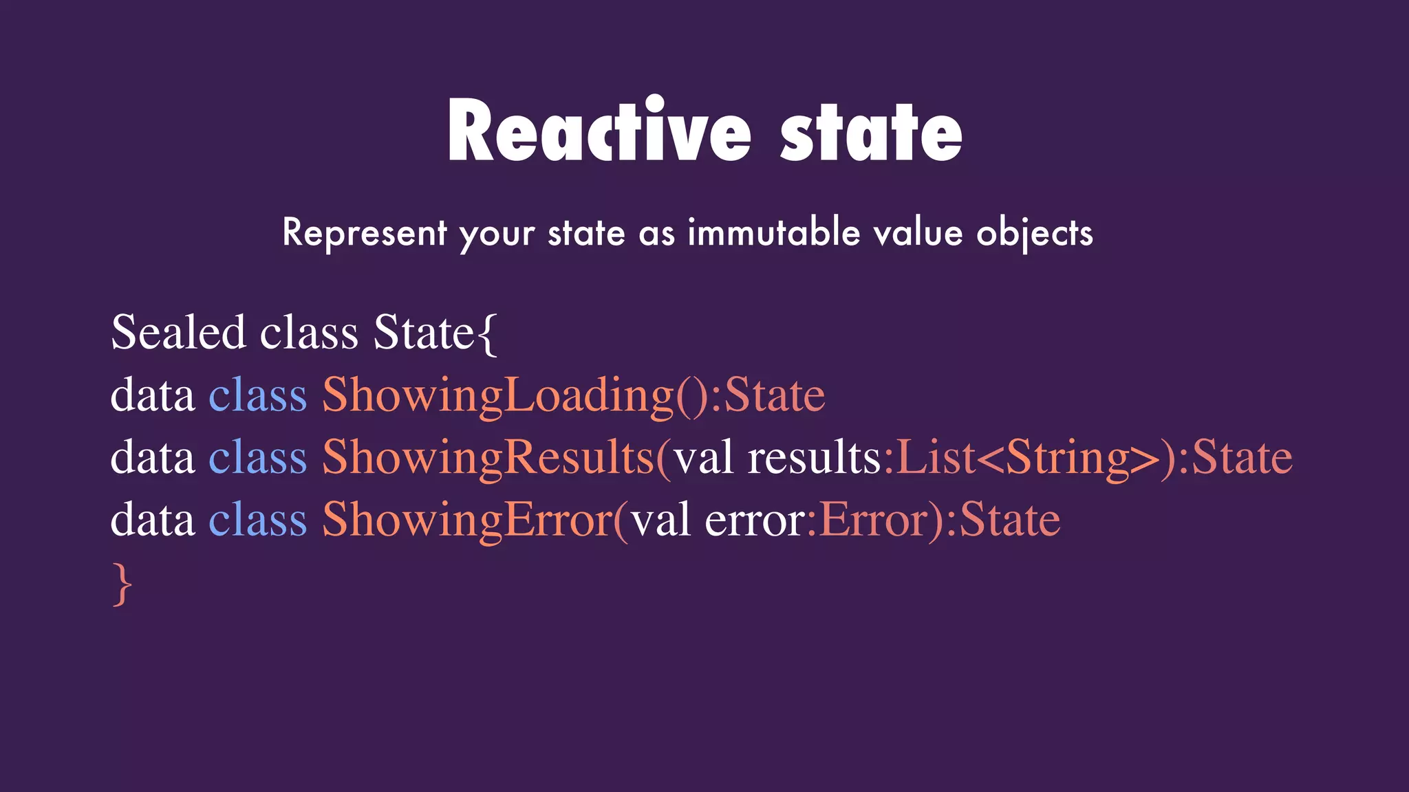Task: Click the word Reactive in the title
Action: pyautogui.click(x=599, y=131)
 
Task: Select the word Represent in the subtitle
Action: pyautogui.click(x=365, y=232)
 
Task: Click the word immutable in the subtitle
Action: pyautogui.click(x=773, y=232)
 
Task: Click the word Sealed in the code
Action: pyautogui.click(x=178, y=333)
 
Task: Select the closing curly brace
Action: pyautogui.click(x=122, y=584)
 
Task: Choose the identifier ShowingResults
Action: pyautogui.click(x=488, y=458)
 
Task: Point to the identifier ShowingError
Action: pyautogui.click(x=468, y=520)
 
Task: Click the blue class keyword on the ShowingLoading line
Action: pyautogui.click(x=258, y=396)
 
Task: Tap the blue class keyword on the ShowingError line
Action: pyautogui.click(x=258, y=520)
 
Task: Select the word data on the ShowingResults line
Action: pyautogui.click(x=153, y=458)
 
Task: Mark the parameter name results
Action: pyautogui.click(x=814, y=458)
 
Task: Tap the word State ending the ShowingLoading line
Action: pyautogui.click(x=775, y=396)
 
